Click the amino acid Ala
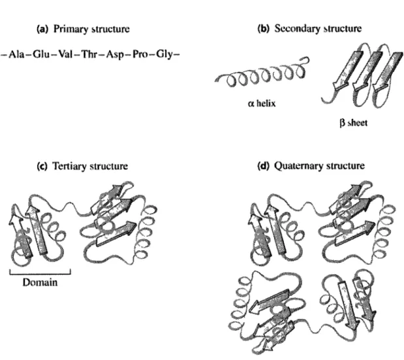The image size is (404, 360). (16, 54)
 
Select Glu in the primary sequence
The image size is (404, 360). (41, 54)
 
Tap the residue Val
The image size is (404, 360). (65, 54)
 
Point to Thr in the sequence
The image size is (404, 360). (89, 54)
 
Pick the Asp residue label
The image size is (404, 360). (116, 55)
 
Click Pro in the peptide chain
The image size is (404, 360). (140, 54)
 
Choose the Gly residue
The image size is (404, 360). (164, 55)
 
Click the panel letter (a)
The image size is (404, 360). (42, 29)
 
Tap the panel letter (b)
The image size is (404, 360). (263, 28)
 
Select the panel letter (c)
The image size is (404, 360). (42, 166)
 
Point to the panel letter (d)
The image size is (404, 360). (263, 165)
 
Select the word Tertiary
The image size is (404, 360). (70, 167)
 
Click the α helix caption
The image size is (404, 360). (262, 103)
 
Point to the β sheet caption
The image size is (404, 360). (354, 123)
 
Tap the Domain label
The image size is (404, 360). (40, 282)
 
